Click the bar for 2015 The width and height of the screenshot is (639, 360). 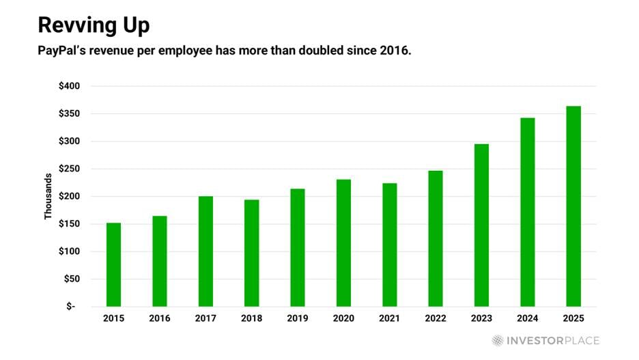tap(113, 264)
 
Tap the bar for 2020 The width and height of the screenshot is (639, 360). tap(343, 243)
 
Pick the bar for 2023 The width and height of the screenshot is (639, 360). tap(481, 225)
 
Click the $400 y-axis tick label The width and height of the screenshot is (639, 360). tap(69, 86)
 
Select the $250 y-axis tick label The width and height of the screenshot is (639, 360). tap(69, 169)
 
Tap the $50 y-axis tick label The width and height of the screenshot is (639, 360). tap(72, 279)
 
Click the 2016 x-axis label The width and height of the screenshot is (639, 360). tap(159, 318)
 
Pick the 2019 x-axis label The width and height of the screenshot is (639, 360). tap(297, 318)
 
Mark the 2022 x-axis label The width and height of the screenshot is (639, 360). tap(435, 318)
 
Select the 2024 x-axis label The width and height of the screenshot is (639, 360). tap(527, 318)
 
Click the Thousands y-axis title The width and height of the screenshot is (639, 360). tap(48, 196)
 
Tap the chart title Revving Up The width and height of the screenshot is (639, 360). tap(94, 25)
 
